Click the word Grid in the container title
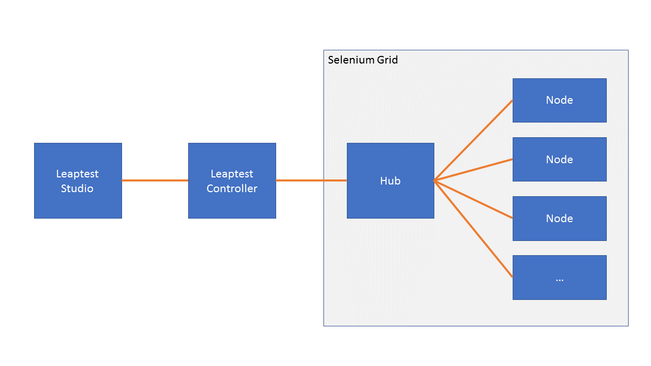[x=387, y=60]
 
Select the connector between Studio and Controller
[x=155, y=180]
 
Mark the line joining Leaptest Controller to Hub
[x=311, y=180]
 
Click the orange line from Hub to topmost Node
[x=473, y=141]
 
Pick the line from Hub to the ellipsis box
[x=473, y=229]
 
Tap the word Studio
[x=77, y=189]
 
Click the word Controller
[x=232, y=189]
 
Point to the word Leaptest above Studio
[x=77, y=174]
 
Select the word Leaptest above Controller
[x=232, y=174]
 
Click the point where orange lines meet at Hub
[x=435, y=180]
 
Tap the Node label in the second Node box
[x=559, y=160]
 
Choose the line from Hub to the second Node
[x=473, y=170]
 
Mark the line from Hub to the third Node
[x=473, y=199]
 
